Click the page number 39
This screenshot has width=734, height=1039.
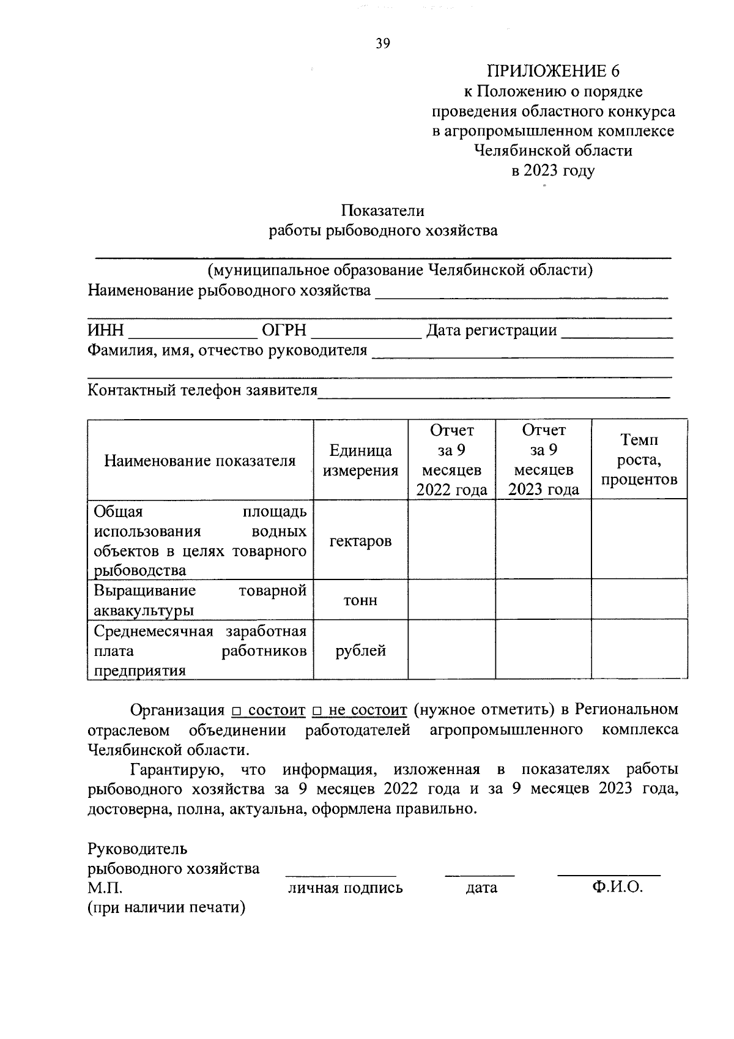[383, 43]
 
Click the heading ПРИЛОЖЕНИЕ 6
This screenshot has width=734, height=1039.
[553, 71]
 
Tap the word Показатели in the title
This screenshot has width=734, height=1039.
[383, 210]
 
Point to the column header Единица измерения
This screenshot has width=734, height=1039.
[360, 460]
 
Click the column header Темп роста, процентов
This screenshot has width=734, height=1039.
[639, 460]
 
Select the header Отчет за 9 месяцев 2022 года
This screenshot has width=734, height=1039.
[451, 460]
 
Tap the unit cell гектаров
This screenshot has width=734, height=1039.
[360, 541]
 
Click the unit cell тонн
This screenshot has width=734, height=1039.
[360, 600]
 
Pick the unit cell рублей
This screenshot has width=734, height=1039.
[360, 650]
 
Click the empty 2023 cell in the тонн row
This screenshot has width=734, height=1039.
[543, 600]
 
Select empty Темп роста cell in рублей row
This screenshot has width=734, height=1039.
[639, 650]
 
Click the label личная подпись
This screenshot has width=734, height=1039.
[345, 888]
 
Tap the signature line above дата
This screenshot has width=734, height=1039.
[480, 876]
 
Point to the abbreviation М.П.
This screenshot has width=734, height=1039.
[105, 888]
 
